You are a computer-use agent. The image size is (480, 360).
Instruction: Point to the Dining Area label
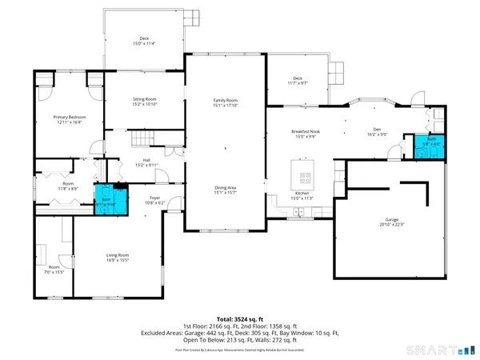[x=225, y=189]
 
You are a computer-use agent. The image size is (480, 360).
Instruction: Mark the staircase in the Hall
[x=142, y=140]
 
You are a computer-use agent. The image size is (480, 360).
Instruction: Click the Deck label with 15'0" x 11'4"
[x=144, y=40]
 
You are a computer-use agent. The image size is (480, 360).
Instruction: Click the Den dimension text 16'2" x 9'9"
[x=377, y=135]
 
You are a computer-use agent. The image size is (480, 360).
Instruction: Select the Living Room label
[x=118, y=257]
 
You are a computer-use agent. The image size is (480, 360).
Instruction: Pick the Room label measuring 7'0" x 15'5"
[x=54, y=268]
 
